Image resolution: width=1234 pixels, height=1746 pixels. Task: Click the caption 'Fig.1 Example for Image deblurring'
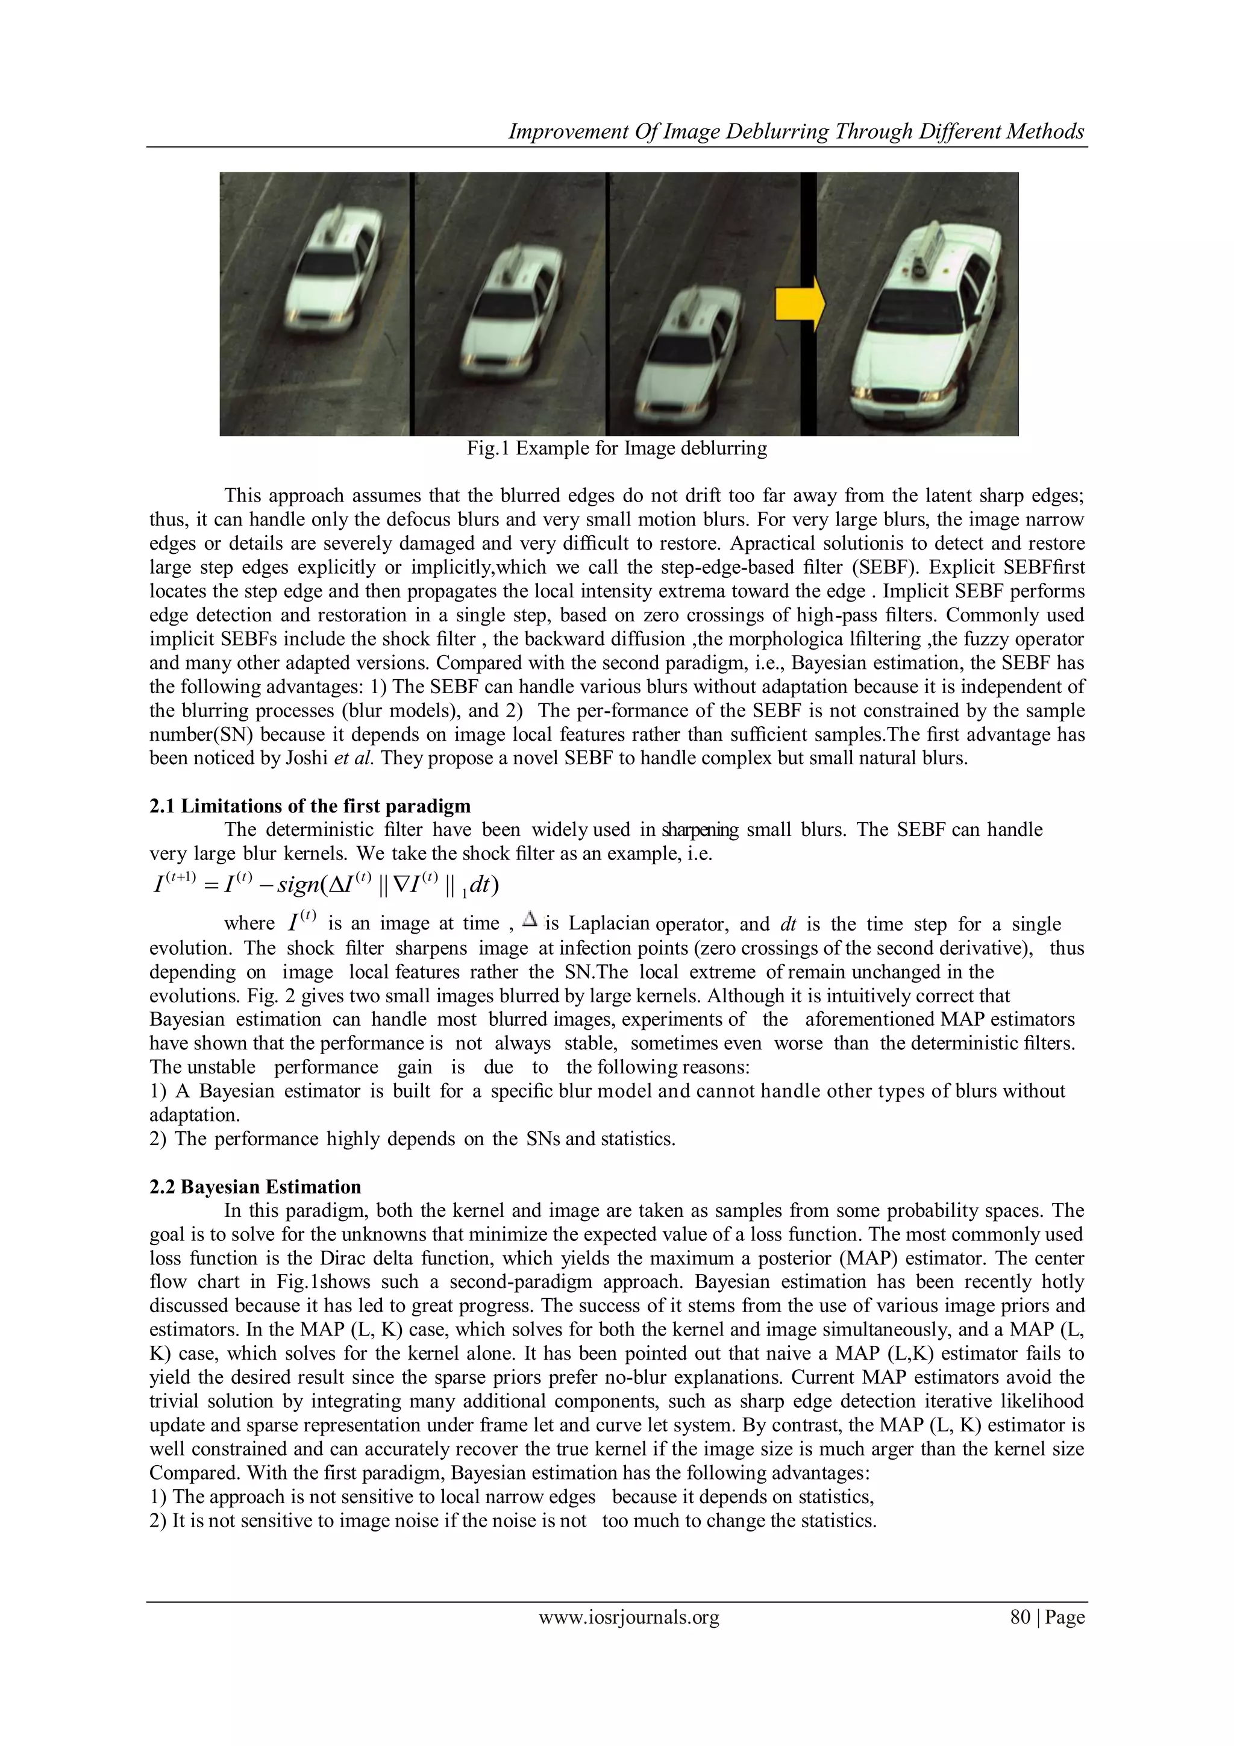[x=616, y=448]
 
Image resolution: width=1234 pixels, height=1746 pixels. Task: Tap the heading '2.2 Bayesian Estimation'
[x=255, y=1186]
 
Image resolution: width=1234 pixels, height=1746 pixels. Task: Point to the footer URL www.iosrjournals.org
[x=629, y=1618]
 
